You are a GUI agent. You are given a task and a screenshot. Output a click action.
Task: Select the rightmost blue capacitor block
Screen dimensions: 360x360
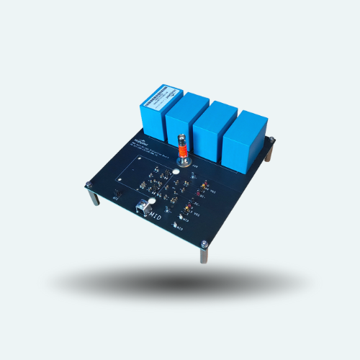(x=245, y=140)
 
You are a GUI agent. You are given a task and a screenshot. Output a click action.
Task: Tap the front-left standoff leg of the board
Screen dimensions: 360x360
(x=94, y=195)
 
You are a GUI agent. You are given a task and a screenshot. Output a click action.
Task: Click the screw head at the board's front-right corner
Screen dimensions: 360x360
(x=204, y=243)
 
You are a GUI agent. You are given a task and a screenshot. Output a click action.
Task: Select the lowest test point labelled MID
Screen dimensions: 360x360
(x=175, y=225)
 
